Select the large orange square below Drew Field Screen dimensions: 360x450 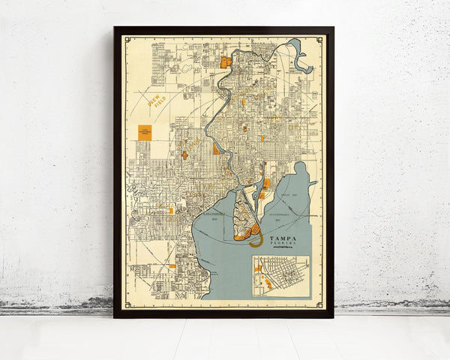click(145, 133)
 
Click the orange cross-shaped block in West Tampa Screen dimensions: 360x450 click(184, 154)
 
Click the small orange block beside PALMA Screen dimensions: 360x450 click(171, 210)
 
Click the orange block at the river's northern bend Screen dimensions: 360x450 click(226, 61)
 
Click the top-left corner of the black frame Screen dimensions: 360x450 click(115, 28)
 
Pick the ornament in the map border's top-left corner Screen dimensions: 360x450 click(127, 40)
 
